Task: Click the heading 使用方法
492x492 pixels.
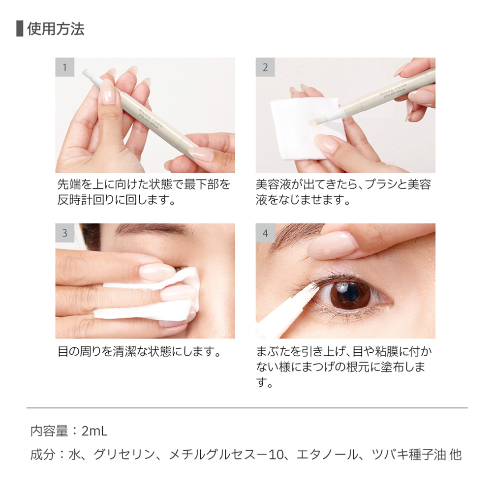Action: point(56,29)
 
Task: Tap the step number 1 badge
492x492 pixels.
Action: point(65,67)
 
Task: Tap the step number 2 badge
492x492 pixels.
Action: point(265,67)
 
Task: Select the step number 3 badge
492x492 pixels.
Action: point(65,233)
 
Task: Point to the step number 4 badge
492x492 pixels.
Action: point(265,233)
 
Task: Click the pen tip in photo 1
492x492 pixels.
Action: point(88,74)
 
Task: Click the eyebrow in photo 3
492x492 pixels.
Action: point(153,229)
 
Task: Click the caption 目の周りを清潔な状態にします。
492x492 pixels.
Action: point(138,352)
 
